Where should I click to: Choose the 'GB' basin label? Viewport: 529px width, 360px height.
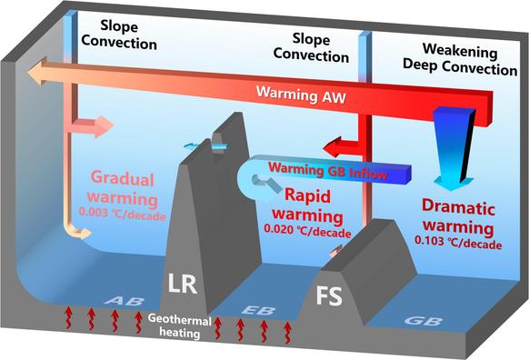[x=421, y=321]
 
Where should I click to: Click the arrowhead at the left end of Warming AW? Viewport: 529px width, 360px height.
[x=38, y=71]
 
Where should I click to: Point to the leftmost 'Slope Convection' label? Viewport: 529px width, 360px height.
[x=116, y=35]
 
